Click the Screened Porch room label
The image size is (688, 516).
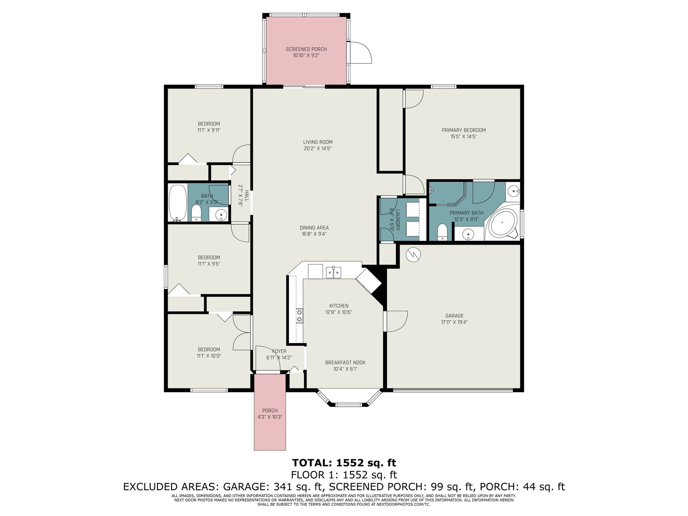(x=306, y=49)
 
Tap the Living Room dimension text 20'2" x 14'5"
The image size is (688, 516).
(x=317, y=148)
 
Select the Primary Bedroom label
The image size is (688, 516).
(x=464, y=130)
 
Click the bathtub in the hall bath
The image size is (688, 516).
(x=178, y=203)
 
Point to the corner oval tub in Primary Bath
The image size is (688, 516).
(x=502, y=223)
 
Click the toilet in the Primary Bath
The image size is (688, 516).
(x=442, y=232)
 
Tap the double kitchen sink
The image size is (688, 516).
(x=334, y=272)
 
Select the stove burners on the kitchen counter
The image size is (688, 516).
(x=299, y=316)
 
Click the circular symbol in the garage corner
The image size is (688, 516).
(x=412, y=255)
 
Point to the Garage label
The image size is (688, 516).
(x=454, y=316)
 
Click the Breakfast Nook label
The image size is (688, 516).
(x=345, y=362)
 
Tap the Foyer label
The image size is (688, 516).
(x=279, y=351)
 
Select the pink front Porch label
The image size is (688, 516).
(x=270, y=410)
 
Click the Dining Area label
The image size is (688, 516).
(x=314, y=228)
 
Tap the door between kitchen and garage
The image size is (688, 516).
(x=396, y=321)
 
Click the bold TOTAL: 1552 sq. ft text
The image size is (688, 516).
(x=344, y=463)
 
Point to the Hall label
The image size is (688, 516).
(x=247, y=196)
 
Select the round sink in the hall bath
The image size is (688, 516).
(x=221, y=215)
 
